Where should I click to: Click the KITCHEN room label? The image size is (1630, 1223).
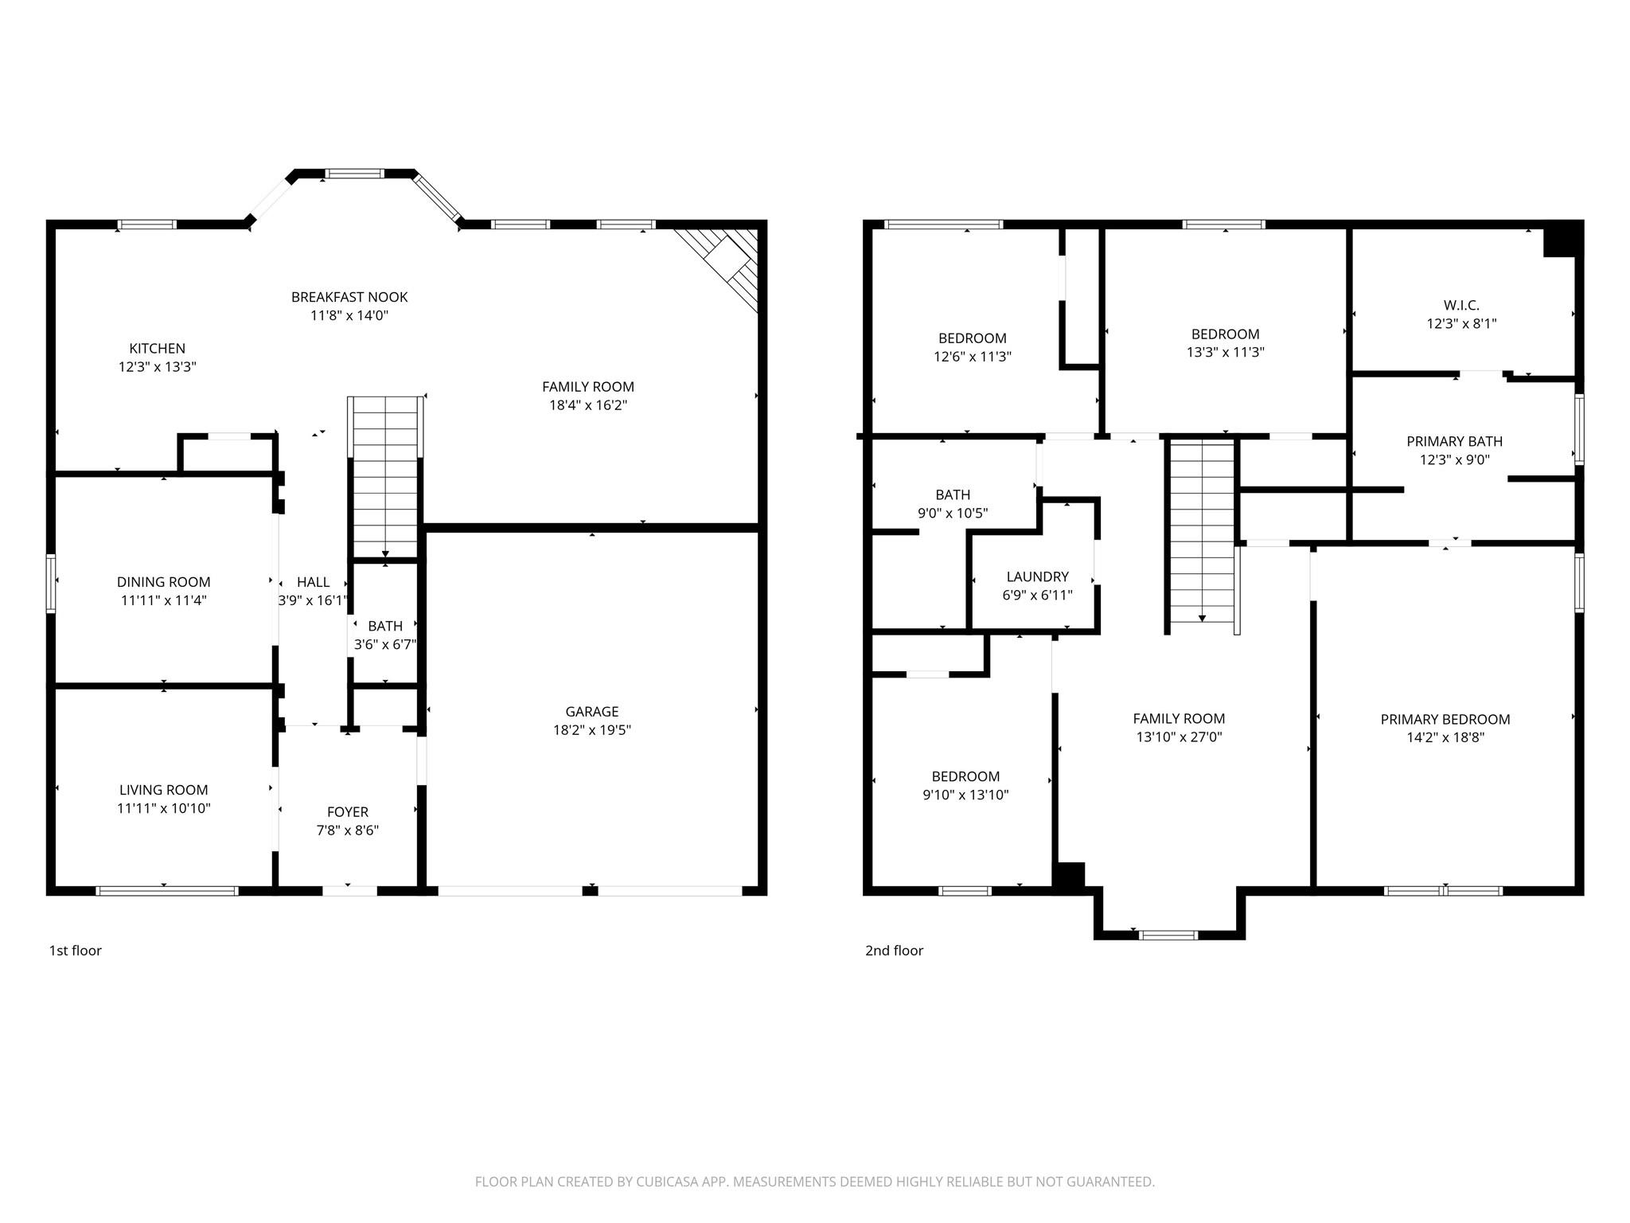click(157, 348)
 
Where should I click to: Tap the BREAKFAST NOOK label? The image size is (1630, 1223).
click(349, 297)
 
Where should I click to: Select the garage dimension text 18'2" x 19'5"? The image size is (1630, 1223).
click(591, 730)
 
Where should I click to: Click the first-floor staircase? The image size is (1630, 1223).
click(385, 478)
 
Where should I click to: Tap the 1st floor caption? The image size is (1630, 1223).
click(76, 950)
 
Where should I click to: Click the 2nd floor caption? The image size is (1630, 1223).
click(894, 950)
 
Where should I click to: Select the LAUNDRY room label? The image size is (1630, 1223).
click(1037, 576)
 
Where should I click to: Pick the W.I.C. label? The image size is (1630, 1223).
click(1460, 305)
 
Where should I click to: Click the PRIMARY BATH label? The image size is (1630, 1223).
click(1454, 441)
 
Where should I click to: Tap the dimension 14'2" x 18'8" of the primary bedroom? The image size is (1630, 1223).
click(1445, 738)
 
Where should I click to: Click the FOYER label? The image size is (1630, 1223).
click(348, 812)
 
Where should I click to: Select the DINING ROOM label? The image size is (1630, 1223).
click(163, 582)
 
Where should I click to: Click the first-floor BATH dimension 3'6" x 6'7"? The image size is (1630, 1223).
click(385, 644)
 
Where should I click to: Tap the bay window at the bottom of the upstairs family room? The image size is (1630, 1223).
click(1168, 935)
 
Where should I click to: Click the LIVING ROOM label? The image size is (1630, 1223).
click(163, 790)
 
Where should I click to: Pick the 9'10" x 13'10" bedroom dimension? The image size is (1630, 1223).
click(965, 795)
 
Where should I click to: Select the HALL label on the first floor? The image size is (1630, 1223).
click(313, 582)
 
